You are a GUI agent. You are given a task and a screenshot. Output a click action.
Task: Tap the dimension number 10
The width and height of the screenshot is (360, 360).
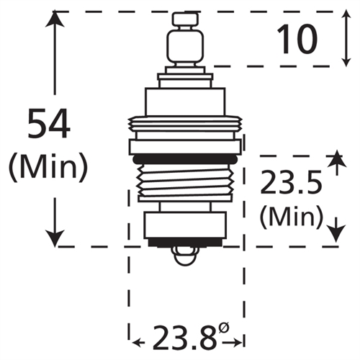(x=297, y=40)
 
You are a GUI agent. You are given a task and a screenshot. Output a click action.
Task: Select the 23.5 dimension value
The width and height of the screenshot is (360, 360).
(x=291, y=185)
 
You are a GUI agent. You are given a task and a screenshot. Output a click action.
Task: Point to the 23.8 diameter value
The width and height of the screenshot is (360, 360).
(x=183, y=337)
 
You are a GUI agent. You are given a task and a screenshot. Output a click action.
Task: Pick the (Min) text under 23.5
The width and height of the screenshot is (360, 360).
(x=290, y=215)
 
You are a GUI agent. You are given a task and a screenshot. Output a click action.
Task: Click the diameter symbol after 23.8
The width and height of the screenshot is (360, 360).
(x=224, y=328)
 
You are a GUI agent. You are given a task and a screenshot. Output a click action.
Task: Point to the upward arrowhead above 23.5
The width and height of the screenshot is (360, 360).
(x=334, y=160)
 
